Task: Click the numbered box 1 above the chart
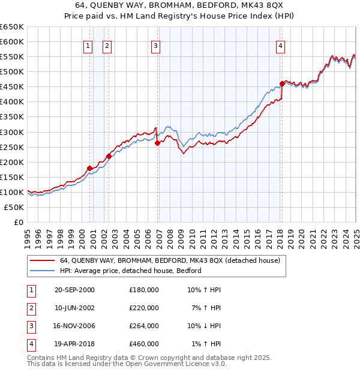[88, 46]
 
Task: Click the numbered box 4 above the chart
[281, 46]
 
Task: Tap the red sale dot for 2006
[157, 143]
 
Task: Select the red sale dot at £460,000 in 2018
[282, 83]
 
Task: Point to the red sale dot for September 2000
[89, 168]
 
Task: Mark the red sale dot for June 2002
[109, 156]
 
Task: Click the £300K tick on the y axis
[11, 132]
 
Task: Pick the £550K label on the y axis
[11, 57]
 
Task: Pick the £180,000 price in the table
[144, 290]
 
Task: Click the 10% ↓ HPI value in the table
[204, 326]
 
